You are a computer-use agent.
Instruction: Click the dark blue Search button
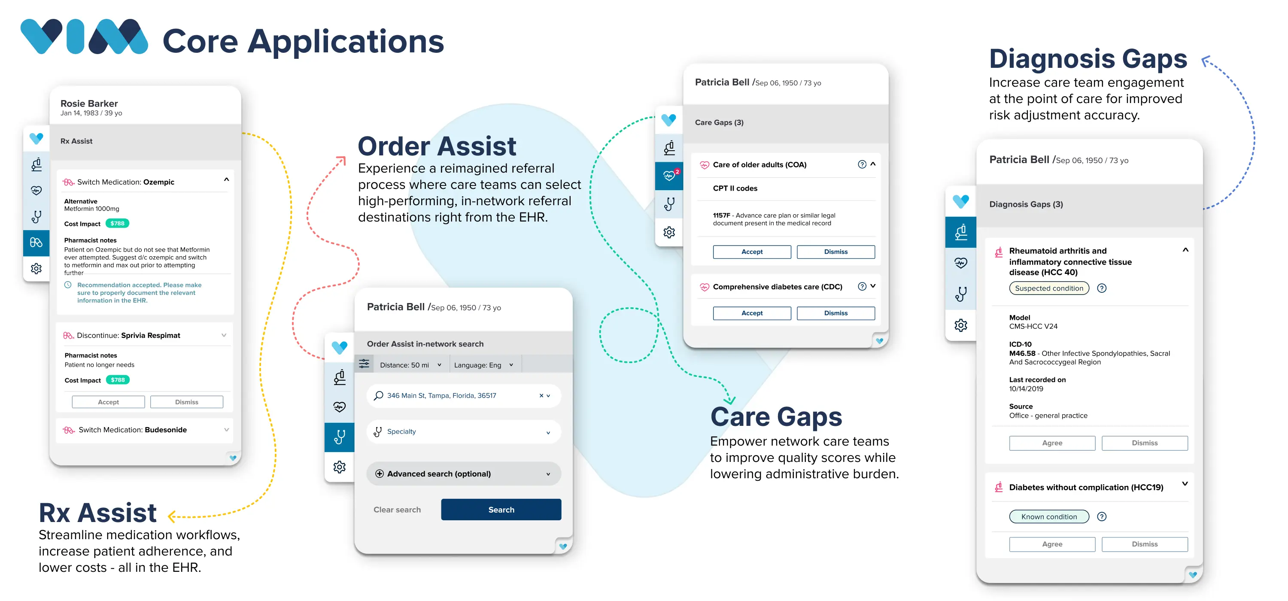click(501, 510)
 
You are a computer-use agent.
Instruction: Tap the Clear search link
click(397, 510)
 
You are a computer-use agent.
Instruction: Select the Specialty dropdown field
click(464, 431)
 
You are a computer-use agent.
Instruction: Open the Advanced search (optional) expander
click(464, 474)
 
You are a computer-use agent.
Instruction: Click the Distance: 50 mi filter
click(410, 365)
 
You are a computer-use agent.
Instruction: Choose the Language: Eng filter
click(483, 365)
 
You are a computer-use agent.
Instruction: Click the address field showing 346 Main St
click(464, 395)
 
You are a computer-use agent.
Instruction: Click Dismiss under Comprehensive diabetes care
click(835, 313)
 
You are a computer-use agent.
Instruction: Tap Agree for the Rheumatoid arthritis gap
click(1052, 443)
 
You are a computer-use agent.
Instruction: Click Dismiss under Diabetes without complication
click(1145, 544)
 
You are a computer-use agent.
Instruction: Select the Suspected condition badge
click(1049, 288)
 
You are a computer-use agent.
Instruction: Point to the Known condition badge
click(1049, 516)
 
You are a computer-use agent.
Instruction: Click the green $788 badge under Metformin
click(118, 224)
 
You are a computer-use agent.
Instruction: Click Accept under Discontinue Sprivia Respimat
click(109, 402)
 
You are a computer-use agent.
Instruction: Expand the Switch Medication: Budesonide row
click(145, 430)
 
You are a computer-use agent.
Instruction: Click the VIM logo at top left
click(84, 36)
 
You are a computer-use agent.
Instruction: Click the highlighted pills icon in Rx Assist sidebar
click(36, 243)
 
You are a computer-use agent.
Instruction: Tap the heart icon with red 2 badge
click(669, 176)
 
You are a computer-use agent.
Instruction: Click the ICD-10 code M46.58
click(1022, 353)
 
